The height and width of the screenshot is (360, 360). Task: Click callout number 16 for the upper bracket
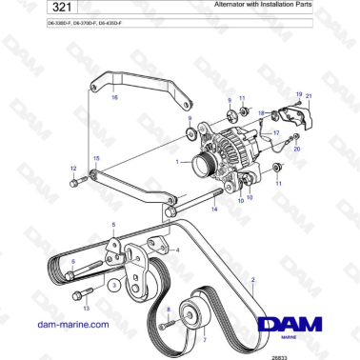coord(115,97)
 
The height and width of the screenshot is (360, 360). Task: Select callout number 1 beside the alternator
coord(177,162)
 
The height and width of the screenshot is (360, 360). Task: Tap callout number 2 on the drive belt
coord(252,280)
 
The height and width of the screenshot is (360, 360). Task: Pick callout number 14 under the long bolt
coord(213,221)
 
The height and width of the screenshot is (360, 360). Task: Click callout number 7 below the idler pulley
coord(202,339)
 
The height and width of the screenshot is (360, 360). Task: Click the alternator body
coord(220,152)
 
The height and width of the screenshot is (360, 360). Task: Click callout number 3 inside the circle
coord(113,284)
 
